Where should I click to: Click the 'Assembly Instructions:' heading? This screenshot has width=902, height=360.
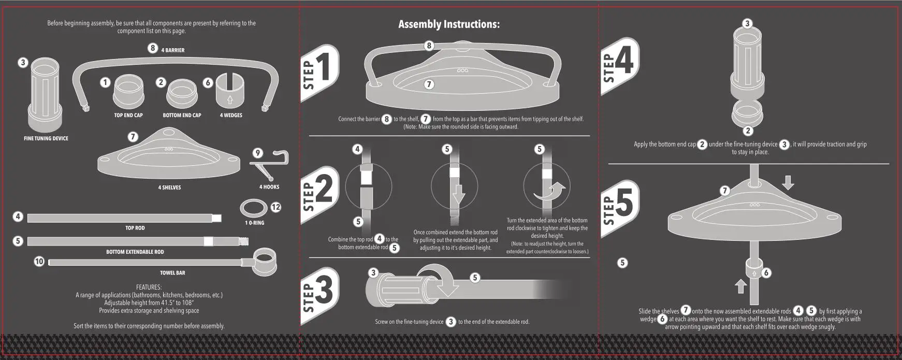[x=449, y=24]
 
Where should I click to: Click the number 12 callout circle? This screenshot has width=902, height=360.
[x=276, y=207]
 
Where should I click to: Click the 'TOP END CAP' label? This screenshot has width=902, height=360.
[x=128, y=115]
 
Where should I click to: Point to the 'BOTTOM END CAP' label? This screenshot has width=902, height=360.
[x=182, y=115]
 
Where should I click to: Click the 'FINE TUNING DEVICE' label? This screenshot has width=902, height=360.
[x=46, y=138]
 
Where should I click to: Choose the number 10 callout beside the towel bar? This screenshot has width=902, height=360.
[x=39, y=262]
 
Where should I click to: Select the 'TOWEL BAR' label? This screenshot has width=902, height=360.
[x=172, y=272]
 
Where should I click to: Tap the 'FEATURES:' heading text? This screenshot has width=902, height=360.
[x=149, y=287]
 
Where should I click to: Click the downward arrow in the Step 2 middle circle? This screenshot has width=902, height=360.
[x=458, y=194]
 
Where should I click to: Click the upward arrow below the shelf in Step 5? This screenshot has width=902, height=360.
[x=740, y=286]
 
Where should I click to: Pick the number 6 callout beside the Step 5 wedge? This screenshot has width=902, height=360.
[x=766, y=272]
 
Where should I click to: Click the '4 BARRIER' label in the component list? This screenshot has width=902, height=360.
[x=173, y=50]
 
